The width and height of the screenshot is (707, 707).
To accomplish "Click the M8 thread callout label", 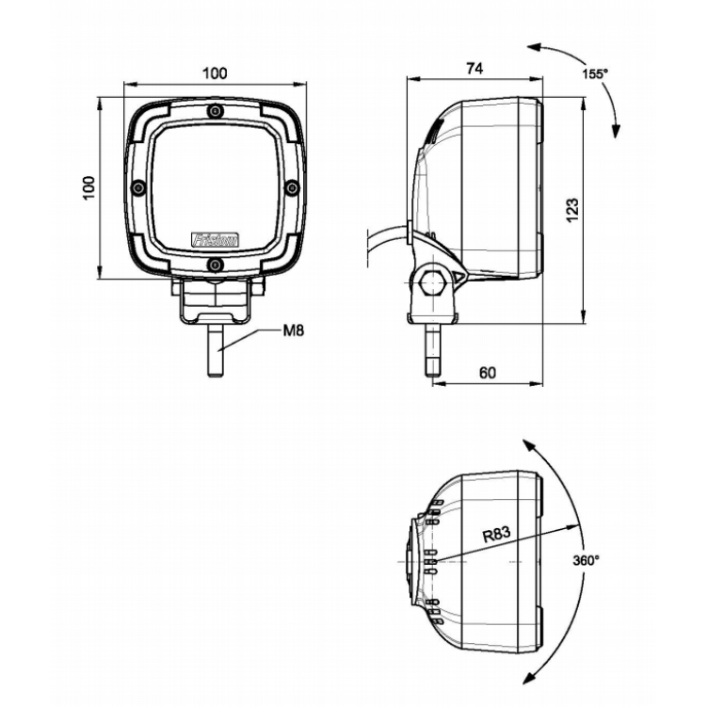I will pos(296,330).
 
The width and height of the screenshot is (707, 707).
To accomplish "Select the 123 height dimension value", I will pos(572,208).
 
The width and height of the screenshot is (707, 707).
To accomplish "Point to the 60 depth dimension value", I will pos(487,372).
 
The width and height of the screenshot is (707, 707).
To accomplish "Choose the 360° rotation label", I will pos(586,560).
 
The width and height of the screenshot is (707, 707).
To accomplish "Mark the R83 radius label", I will pos(495,534).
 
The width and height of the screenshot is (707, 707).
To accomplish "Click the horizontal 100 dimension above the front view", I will pos(216,73).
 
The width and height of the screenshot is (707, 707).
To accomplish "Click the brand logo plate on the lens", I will pos(216,239).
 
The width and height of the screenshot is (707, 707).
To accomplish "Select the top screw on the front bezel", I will pos(216,112).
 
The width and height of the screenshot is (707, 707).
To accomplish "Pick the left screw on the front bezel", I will pos(138,188).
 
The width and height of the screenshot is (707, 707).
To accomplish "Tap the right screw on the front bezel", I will pos(292,188).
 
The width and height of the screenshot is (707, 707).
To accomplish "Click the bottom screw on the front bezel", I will pos(216,265).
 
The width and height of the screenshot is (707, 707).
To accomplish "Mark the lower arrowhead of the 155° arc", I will pos(618,135).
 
